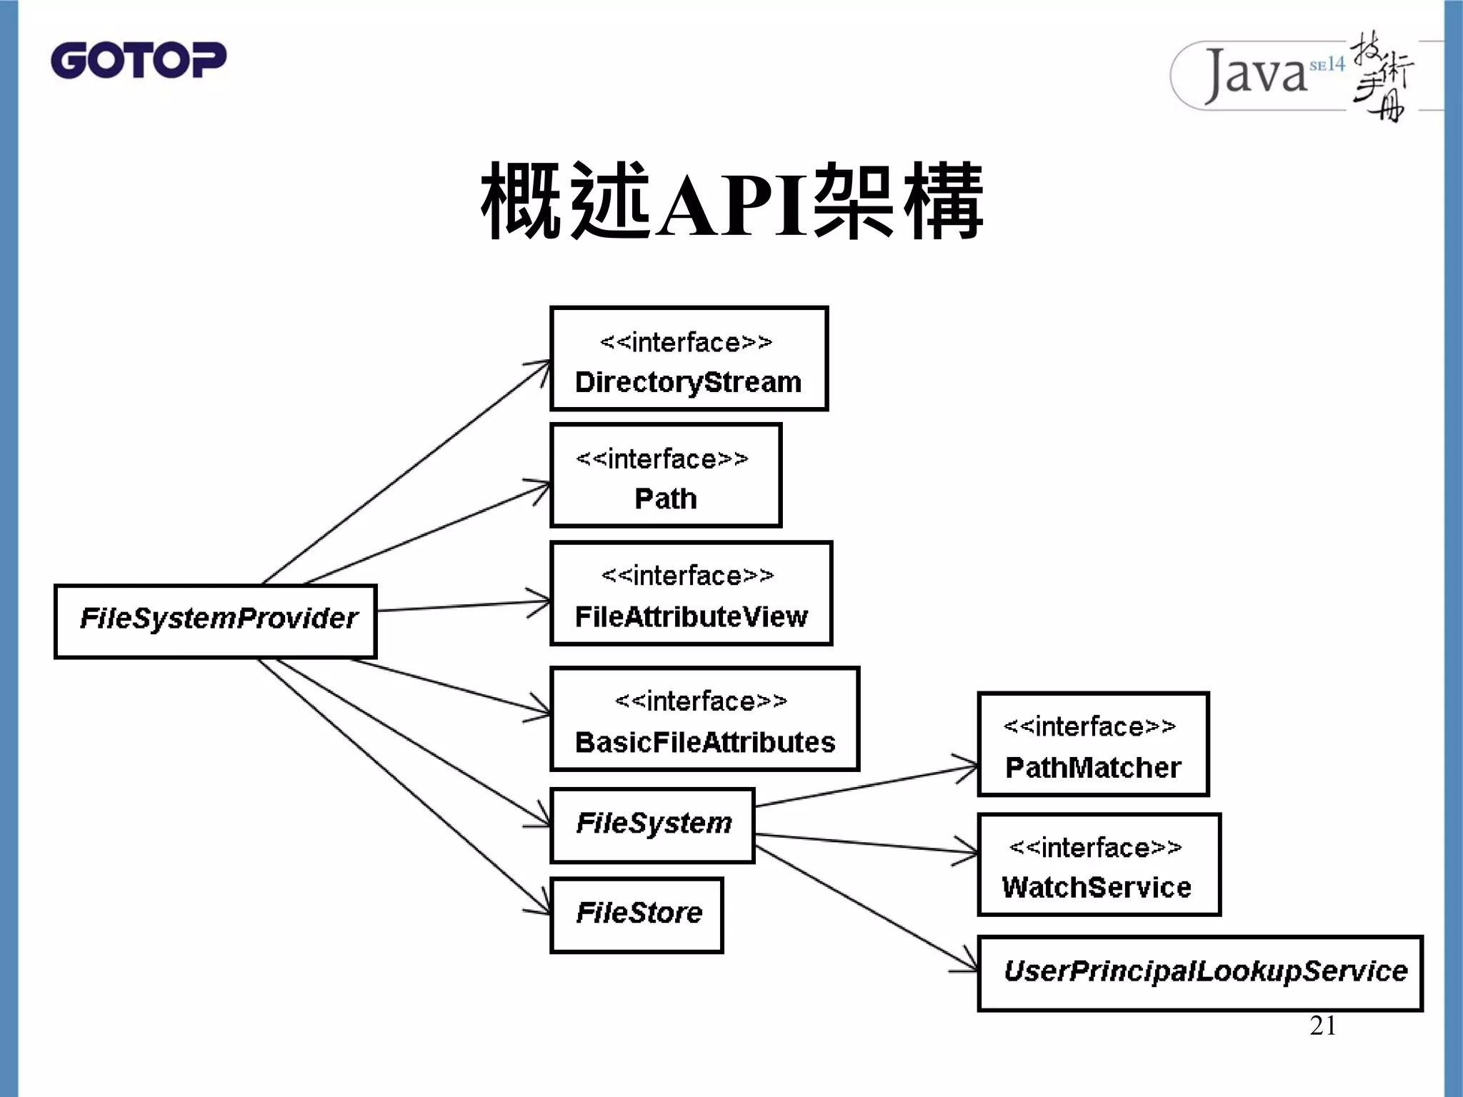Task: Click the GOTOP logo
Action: point(139,60)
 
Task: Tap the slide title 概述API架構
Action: point(732,201)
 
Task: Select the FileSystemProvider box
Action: point(216,621)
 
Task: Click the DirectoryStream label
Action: point(688,382)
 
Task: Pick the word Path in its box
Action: point(665,499)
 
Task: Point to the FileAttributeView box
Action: point(691,593)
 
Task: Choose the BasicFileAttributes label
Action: point(704,742)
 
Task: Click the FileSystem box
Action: point(652,825)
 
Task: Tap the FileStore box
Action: point(637,914)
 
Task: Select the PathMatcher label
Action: point(1092,768)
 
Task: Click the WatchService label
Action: point(1096,887)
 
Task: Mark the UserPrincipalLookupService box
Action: point(1200,973)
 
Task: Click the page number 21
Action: point(1322,1026)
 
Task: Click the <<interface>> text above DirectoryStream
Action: point(686,343)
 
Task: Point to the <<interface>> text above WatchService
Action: point(1095,848)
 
